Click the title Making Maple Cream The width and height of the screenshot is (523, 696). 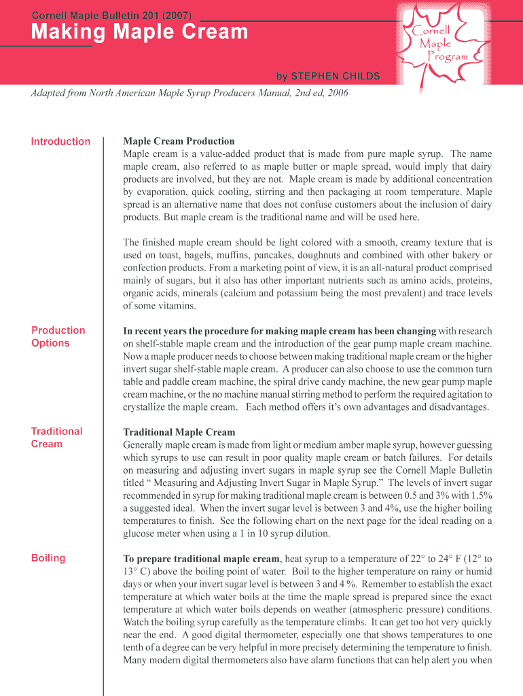click(x=139, y=32)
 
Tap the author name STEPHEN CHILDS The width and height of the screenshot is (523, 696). click(x=337, y=75)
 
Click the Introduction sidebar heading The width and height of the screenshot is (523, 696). click(x=60, y=141)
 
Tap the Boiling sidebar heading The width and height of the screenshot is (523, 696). click(x=48, y=558)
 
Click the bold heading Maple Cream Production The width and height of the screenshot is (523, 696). click(x=179, y=141)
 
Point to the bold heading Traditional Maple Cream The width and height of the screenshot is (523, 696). click(x=179, y=432)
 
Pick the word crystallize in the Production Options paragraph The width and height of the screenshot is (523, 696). click(x=147, y=407)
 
